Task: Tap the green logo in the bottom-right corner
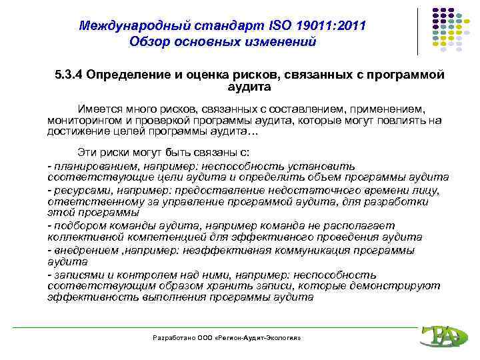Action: (441, 336)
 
